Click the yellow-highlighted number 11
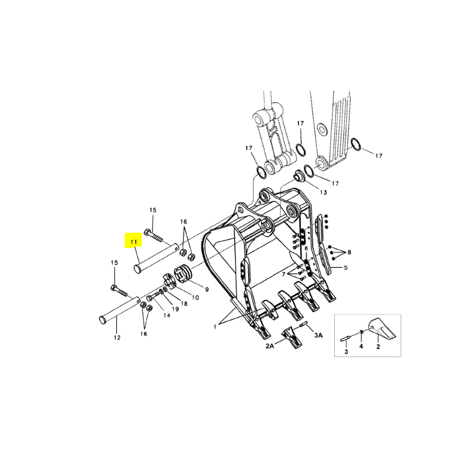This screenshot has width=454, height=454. (x=133, y=242)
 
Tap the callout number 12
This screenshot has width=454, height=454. (x=117, y=337)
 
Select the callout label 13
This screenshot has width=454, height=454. (x=323, y=192)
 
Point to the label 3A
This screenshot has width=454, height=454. (x=318, y=335)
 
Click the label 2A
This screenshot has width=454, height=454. (x=270, y=346)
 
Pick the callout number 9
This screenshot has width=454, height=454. (x=207, y=289)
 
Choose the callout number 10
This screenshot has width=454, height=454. (x=195, y=297)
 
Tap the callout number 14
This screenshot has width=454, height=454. (x=167, y=316)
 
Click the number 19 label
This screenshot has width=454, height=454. (x=175, y=309)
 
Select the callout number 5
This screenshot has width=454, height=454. (x=346, y=267)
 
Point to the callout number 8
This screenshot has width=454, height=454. (x=349, y=252)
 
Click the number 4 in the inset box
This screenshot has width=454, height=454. (x=361, y=346)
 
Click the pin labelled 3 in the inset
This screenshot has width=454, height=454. (x=347, y=338)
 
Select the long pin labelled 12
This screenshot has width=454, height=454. (x=119, y=309)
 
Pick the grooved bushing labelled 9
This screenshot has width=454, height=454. (x=183, y=274)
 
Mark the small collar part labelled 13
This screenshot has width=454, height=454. (x=298, y=175)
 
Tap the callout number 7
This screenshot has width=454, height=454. (x=284, y=274)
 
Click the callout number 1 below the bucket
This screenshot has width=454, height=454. (x=215, y=327)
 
